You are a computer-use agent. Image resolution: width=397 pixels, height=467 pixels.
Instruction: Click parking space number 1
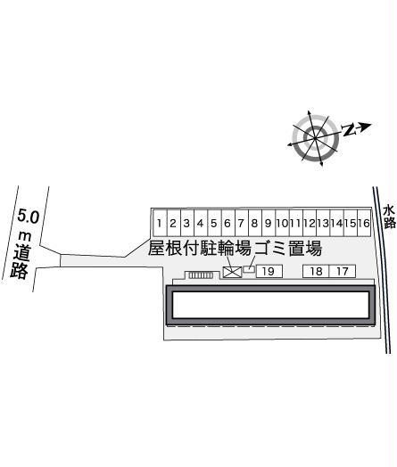point(160,223)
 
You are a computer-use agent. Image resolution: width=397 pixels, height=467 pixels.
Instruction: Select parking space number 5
point(214,223)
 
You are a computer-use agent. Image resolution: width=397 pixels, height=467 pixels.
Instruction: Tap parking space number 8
point(255,223)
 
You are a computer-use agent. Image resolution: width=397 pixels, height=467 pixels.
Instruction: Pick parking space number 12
point(310,223)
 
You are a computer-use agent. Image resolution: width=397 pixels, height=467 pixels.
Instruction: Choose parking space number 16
point(364,223)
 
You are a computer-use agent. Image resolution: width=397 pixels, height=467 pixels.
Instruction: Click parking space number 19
point(269,271)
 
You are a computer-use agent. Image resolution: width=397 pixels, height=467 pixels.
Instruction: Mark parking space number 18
point(316,271)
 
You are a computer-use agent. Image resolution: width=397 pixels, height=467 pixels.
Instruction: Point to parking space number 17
point(343,271)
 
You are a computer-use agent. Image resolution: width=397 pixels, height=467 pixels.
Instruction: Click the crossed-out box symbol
point(233,272)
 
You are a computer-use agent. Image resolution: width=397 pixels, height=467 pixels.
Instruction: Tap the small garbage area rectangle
point(249,269)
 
